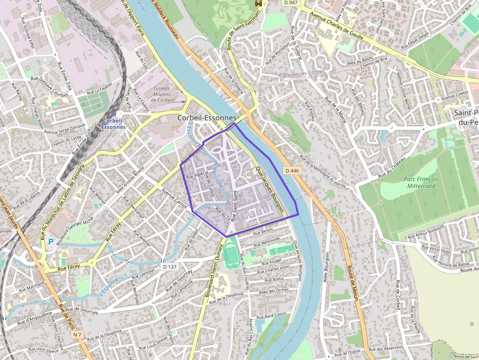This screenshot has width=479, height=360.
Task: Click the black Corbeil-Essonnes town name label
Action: tap(207, 118)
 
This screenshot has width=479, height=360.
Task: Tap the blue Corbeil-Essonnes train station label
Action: tap(113, 123)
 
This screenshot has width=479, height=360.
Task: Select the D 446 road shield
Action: tap(291, 170)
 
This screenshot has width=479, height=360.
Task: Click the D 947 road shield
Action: tap(290, 3)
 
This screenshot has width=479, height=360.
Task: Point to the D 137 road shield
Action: tap(169, 267)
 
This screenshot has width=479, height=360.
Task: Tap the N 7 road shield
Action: tap(77, 335)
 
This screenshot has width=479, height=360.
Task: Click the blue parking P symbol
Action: tap(50, 241)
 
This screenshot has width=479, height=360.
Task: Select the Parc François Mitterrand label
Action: tap(421, 182)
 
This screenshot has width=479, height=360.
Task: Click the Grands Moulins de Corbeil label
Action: tap(162, 94)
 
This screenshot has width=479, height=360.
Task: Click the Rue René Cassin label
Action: tap(271, 316)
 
